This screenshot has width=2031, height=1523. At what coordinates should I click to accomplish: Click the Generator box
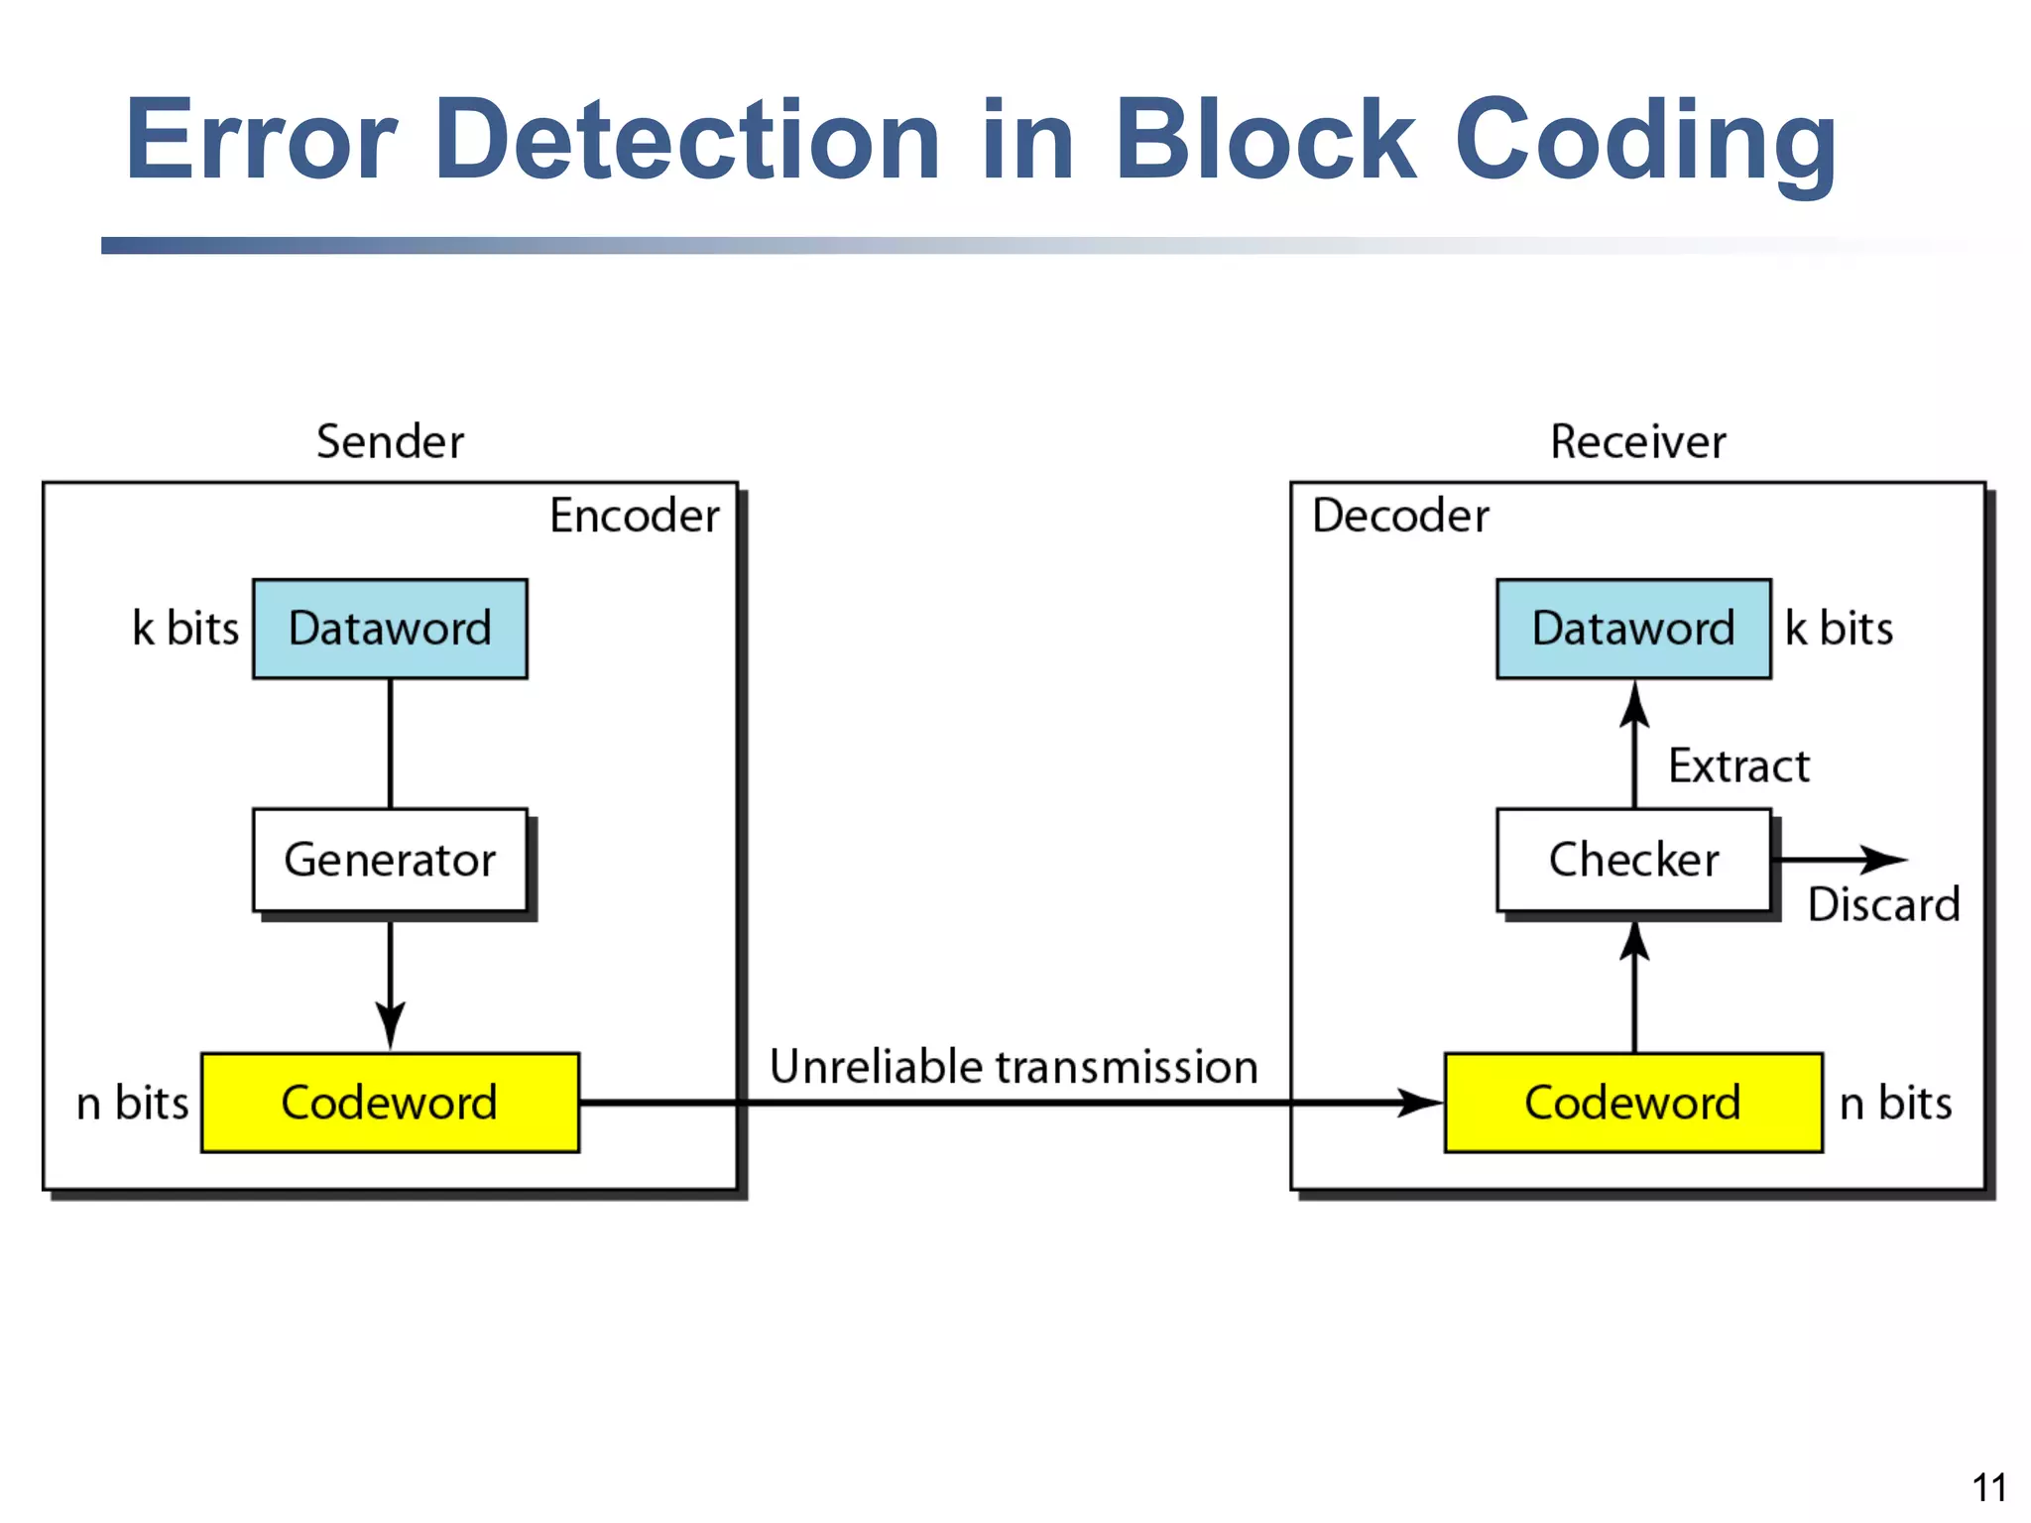pos(390,860)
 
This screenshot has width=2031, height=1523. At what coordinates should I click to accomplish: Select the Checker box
pos(1633,860)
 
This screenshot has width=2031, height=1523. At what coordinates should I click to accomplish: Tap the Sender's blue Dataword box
pos(390,629)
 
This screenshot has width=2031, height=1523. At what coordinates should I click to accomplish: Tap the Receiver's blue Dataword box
pos(1633,629)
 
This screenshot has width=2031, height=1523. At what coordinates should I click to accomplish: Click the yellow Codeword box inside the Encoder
pos(390,1103)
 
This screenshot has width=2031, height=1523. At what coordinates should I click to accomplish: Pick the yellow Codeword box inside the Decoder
pos(1633,1103)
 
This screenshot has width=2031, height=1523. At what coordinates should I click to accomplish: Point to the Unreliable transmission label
pos(1014,1068)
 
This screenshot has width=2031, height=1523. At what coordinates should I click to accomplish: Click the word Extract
pos(1738,766)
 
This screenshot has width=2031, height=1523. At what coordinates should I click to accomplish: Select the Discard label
pos(1883,905)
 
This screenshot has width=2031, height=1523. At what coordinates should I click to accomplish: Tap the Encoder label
pos(635,516)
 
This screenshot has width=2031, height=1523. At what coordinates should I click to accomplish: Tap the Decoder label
pos(1400,516)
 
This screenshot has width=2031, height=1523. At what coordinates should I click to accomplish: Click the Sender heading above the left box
pos(390,442)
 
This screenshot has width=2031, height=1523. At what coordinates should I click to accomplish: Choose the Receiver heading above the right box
pos(1638,442)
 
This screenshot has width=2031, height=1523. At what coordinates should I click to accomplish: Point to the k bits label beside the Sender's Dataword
pos(185,629)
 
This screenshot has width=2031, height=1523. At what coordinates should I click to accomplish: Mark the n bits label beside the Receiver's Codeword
pos(1895,1104)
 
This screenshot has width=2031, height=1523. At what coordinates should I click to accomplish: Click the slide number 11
pos(1989,1487)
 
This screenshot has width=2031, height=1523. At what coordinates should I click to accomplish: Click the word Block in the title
pos(1265,141)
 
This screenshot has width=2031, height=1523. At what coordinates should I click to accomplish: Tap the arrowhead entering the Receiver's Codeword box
pos(1420,1103)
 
